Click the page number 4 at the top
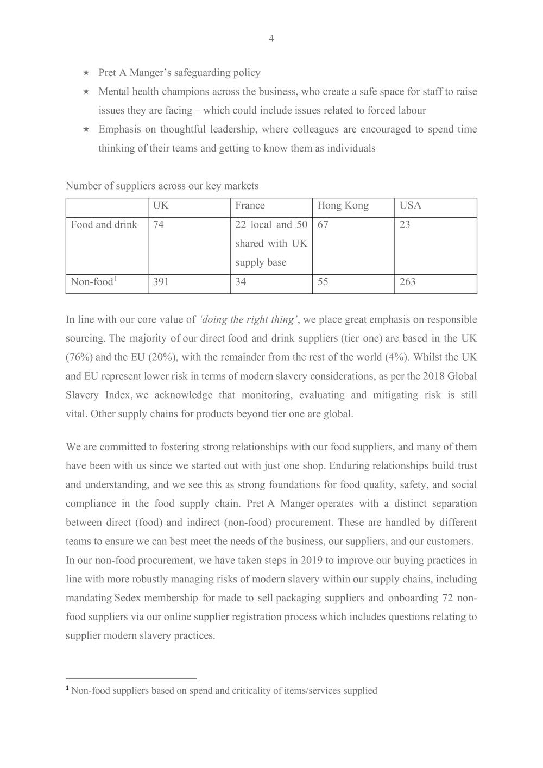(x=271, y=38)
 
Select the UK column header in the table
(x=160, y=205)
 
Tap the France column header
(x=250, y=205)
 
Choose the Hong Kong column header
(x=343, y=205)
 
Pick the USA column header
(x=410, y=205)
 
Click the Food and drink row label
(x=104, y=224)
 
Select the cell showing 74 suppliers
(x=158, y=224)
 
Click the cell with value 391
(x=161, y=281)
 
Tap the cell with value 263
(x=407, y=281)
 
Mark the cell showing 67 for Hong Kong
(x=323, y=224)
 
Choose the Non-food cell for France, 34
(x=241, y=281)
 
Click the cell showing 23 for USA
(x=405, y=224)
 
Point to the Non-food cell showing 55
(x=323, y=281)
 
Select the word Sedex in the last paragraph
(x=129, y=597)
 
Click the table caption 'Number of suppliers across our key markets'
(x=162, y=186)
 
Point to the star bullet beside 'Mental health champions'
(x=86, y=92)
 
